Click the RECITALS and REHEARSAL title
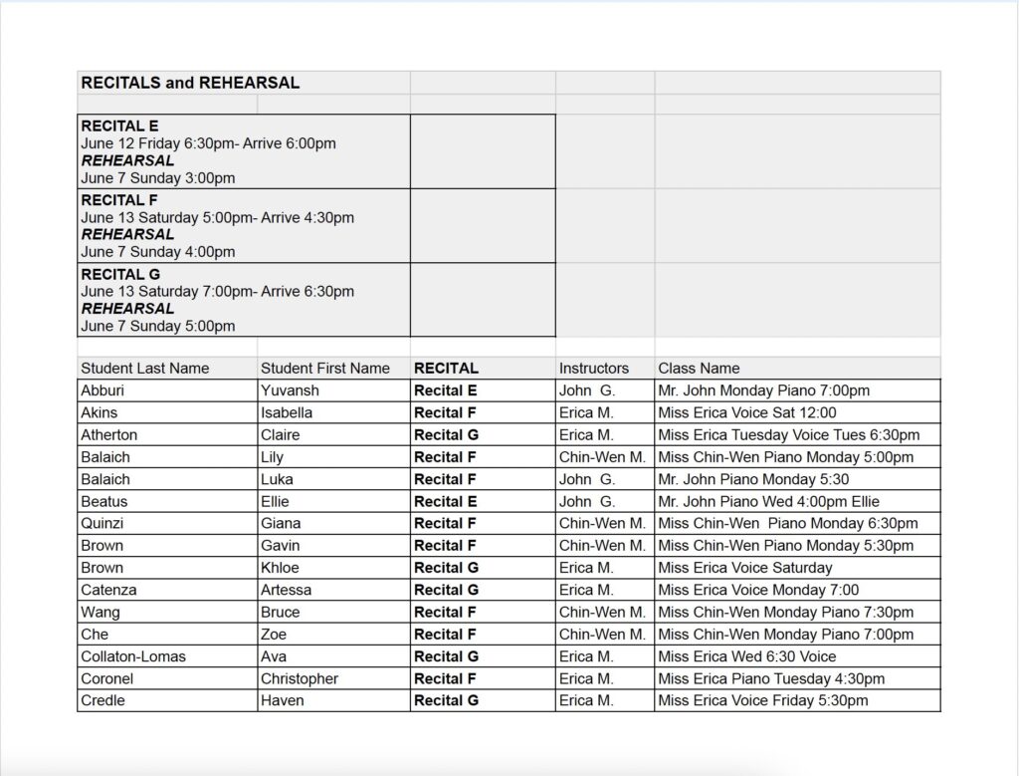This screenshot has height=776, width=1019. (190, 84)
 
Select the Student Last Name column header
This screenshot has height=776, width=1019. (145, 369)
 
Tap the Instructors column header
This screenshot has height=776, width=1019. (594, 369)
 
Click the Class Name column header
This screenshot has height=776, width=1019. (699, 369)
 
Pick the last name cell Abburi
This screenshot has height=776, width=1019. (103, 390)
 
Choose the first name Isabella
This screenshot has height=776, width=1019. (287, 412)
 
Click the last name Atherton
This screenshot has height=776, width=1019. (109, 435)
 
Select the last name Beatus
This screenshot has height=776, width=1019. (104, 501)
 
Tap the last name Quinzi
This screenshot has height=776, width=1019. (103, 523)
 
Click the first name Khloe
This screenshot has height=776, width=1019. (280, 568)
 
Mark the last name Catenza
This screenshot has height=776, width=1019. (109, 590)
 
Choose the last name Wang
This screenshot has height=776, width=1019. (101, 612)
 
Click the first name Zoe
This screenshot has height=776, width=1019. (274, 634)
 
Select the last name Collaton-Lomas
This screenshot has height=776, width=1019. (133, 656)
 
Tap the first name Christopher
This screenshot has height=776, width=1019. (300, 678)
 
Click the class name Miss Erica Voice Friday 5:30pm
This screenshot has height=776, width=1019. (763, 700)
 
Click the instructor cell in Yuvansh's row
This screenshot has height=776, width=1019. (587, 390)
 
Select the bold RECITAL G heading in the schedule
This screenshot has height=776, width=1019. (120, 274)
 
